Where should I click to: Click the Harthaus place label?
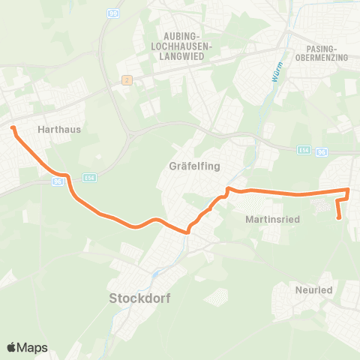[58, 129]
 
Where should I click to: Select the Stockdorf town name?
[140, 298]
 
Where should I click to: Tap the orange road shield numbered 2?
[127, 80]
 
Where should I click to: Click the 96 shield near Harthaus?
[57, 181]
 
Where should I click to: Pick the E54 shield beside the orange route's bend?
[90, 177]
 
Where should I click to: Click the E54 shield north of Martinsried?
[301, 151]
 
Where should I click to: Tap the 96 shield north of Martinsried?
[322, 151]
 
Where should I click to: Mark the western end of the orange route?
[13, 129]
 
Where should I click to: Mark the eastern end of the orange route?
[339, 218]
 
